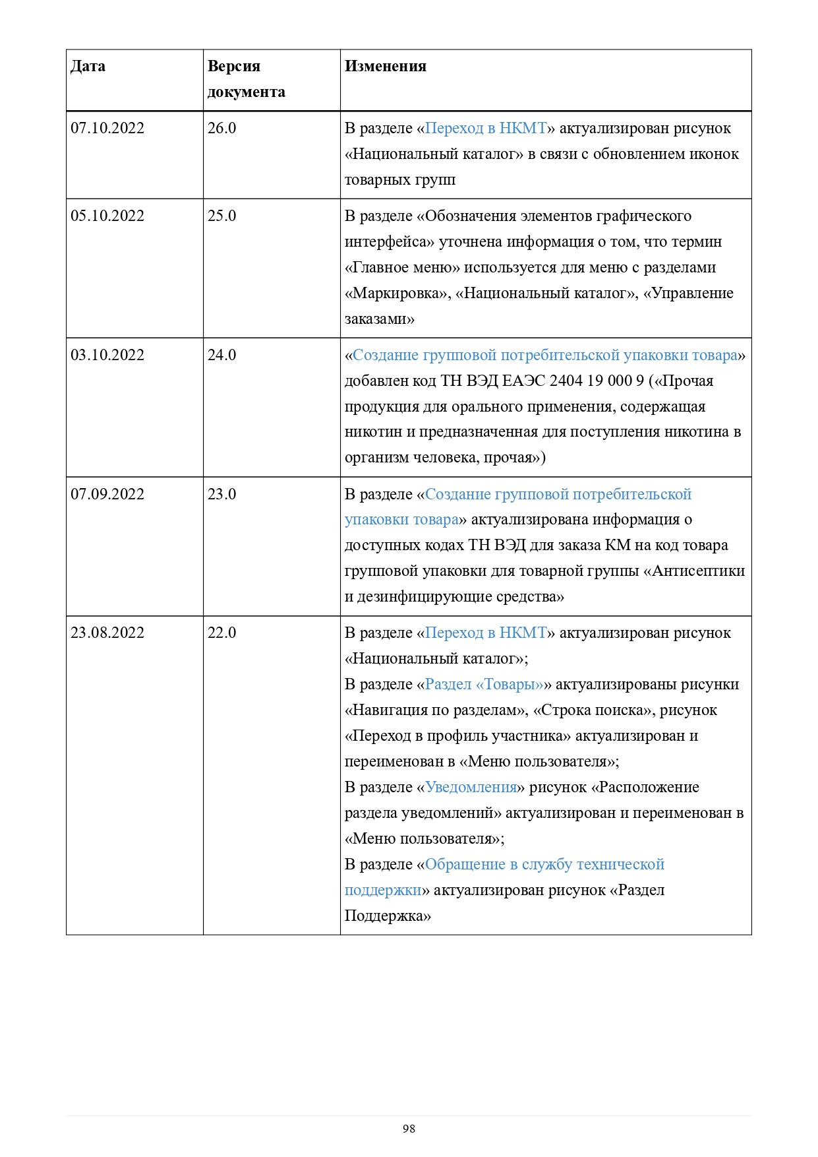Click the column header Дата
[88, 67]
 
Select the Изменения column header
[385, 67]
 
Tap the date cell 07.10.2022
[107, 129]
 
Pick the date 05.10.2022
[107, 216]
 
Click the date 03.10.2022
[107, 356]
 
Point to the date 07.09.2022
[107, 495]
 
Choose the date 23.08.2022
[107, 633]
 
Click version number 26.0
[221, 129]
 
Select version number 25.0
[221, 216]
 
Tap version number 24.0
[221, 356]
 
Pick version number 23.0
[221, 495]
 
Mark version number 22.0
[221, 633]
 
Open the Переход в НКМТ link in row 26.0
[486, 129]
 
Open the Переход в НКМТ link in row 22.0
[486, 633]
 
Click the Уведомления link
[471, 788]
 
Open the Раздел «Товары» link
[484, 685]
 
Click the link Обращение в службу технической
[544, 865]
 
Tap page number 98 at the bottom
[409, 1129]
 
